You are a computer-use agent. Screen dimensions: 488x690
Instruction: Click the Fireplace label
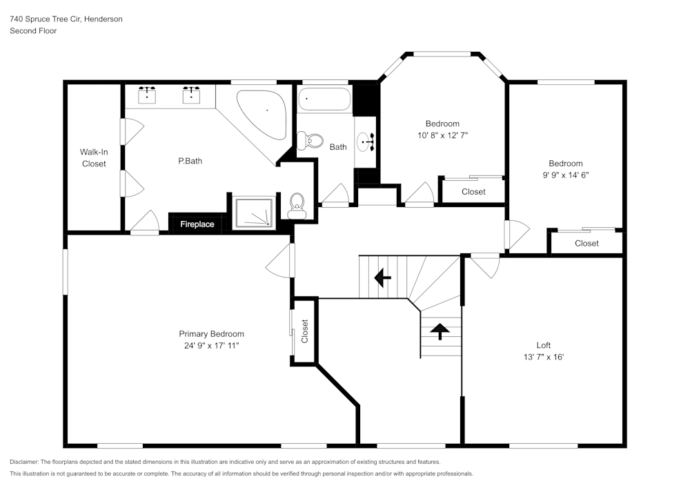click(197, 224)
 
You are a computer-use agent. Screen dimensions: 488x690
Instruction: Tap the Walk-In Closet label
click(93, 157)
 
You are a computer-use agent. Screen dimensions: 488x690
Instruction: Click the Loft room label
click(544, 345)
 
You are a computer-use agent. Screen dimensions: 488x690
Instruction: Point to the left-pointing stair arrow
click(382, 277)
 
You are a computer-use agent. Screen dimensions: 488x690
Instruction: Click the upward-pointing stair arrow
click(440, 331)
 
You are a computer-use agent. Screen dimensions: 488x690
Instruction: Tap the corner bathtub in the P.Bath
click(263, 113)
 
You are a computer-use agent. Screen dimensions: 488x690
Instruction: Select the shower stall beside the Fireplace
click(255, 213)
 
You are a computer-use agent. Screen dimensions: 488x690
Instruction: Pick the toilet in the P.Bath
click(297, 204)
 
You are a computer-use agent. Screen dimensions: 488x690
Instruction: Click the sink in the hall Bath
click(366, 142)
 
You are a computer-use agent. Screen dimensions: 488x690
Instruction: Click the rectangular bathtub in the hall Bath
click(324, 100)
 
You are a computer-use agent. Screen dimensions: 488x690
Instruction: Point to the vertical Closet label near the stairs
click(304, 331)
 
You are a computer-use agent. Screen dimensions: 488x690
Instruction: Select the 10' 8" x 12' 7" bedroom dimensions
click(442, 135)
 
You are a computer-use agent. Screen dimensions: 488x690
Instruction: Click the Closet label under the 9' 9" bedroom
click(586, 243)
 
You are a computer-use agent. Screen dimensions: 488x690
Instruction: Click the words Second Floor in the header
click(33, 31)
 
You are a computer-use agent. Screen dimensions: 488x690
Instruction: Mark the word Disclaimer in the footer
click(24, 462)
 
